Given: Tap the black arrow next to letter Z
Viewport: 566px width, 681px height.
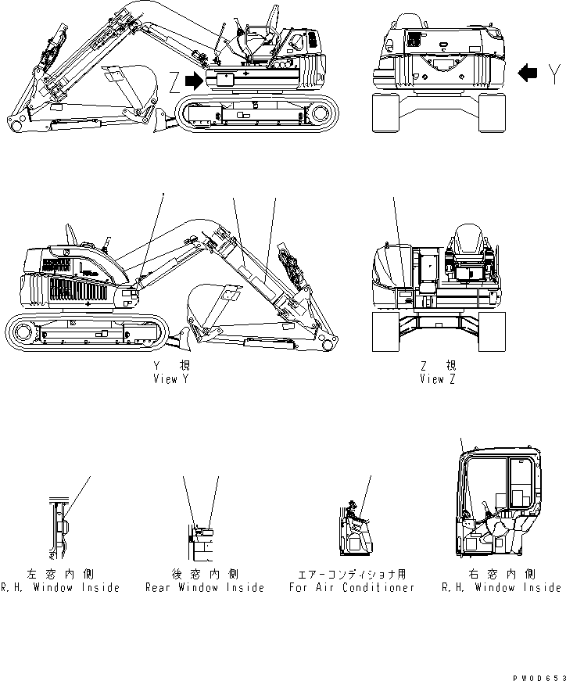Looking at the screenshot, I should (x=193, y=80).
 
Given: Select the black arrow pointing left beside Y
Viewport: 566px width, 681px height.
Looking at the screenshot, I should (x=528, y=73).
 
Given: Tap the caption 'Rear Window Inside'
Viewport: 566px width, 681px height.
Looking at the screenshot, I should (x=205, y=587).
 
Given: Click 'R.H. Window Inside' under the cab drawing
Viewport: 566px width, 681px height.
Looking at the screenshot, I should (x=500, y=587).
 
